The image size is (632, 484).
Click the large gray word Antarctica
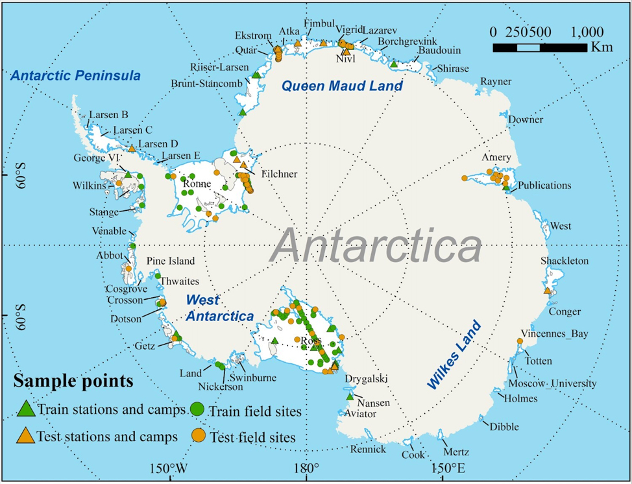click(377, 247)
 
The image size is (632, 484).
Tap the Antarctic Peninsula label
click(75, 76)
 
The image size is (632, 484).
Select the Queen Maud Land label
click(341, 86)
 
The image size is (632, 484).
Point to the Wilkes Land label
click(454, 355)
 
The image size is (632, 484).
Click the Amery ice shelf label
click(496, 158)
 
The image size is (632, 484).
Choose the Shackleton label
click(564, 261)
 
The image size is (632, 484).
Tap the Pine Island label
click(170, 261)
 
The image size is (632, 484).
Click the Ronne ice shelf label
click(197, 184)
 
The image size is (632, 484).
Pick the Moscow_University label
click(556, 383)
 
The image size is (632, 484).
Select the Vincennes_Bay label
click(555, 333)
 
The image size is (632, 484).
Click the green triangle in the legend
click(25, 409)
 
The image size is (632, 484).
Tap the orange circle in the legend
click(199, 436)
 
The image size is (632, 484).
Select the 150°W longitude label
click(169, 468)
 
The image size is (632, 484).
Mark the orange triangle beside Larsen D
click(132, 149)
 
